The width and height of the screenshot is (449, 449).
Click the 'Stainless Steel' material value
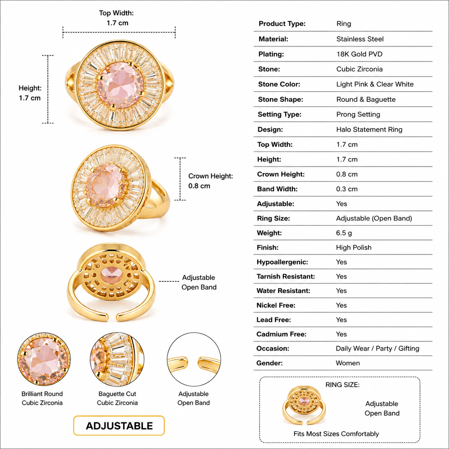pyautogui.click(x=360, y=39)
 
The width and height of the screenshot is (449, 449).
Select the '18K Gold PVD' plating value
pyautogui.click(x=359, y=54)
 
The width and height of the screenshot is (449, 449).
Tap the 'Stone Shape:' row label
pyautogui.click(x=281, y=100)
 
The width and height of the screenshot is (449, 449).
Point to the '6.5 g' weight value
pyautogui.click(x=344, y=233)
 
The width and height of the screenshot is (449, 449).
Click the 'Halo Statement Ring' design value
pyautogui.click(x=369, y=129)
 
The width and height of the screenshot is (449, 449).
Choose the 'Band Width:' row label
pyautogui.click(x=277, y=189)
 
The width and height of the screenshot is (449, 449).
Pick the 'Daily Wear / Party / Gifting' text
pyautogui.click(x=377, y=348)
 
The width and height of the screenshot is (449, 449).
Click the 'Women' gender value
pyautogui.click(x=348, y=363)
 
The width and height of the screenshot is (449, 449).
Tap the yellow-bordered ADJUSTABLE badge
pyautogui.click(x=119, y=426)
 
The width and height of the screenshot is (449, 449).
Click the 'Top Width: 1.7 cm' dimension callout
pyautogui.click(x=117, y=18)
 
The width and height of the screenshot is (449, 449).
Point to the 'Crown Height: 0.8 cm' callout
pyautogui.click(x=211, y=181)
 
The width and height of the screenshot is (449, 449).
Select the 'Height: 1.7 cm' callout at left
pyautogui.click(x=30, y=93)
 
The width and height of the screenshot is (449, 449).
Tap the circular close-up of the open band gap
pyautogui.click(x=194, y=359)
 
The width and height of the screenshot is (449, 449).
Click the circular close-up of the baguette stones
pyautogui.click(x=117, y=359)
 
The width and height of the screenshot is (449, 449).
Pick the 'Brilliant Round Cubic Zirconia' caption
pyautogui.click(x=42, y=398)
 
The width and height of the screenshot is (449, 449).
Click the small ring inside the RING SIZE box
pyautogui.click(x=304, y=405)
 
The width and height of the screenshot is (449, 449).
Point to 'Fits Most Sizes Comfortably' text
pyautogui.click(x=336, y=434)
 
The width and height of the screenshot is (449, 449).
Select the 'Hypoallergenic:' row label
pyautogui.click(x=282, y=262)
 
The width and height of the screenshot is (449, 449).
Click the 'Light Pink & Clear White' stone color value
pyautogui.click(x=375, y=84)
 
